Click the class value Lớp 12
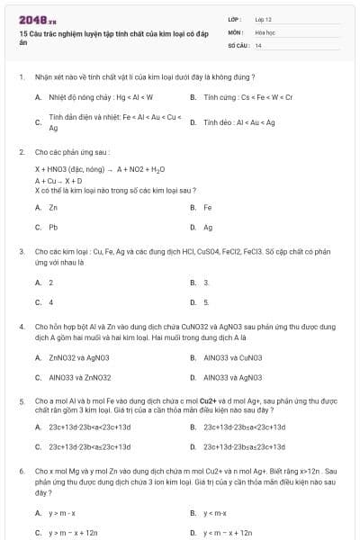tap(263, 19)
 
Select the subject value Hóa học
tap(265, 31)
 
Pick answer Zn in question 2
tap(53, 207)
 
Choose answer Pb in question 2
tap(53, 228)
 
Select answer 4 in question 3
tap(50, 302)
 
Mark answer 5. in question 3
tap(206, 302)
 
